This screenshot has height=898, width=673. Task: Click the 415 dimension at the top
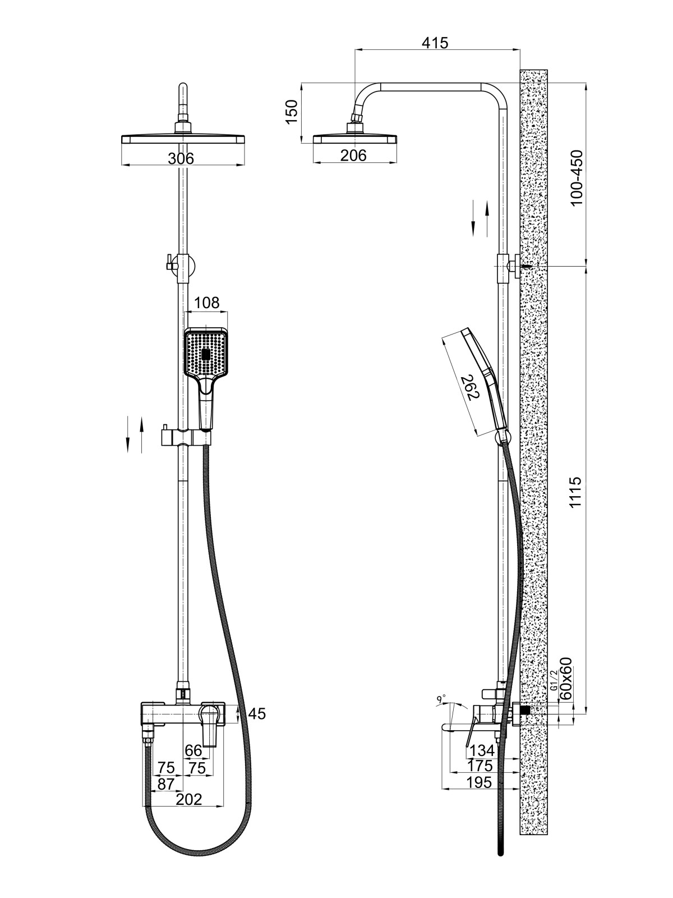click(436, 42)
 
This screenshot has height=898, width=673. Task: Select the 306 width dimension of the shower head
click(181, 159)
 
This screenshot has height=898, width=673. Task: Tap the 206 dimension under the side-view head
click(353, 155)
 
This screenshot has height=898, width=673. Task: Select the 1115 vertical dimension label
click(577, 493)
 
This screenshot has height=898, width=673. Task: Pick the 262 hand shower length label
click(469, 387)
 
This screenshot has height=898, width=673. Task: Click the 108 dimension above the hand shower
click(206, 303)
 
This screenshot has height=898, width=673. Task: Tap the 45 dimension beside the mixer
click(257, 713)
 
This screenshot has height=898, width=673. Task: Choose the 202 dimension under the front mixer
click(189, 799)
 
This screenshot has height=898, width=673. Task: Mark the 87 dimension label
click(166, 784)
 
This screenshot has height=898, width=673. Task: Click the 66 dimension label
click(193, 750)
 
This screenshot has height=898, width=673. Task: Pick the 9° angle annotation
click(441, 699)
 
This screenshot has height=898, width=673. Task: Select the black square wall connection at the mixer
click(525, 711)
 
